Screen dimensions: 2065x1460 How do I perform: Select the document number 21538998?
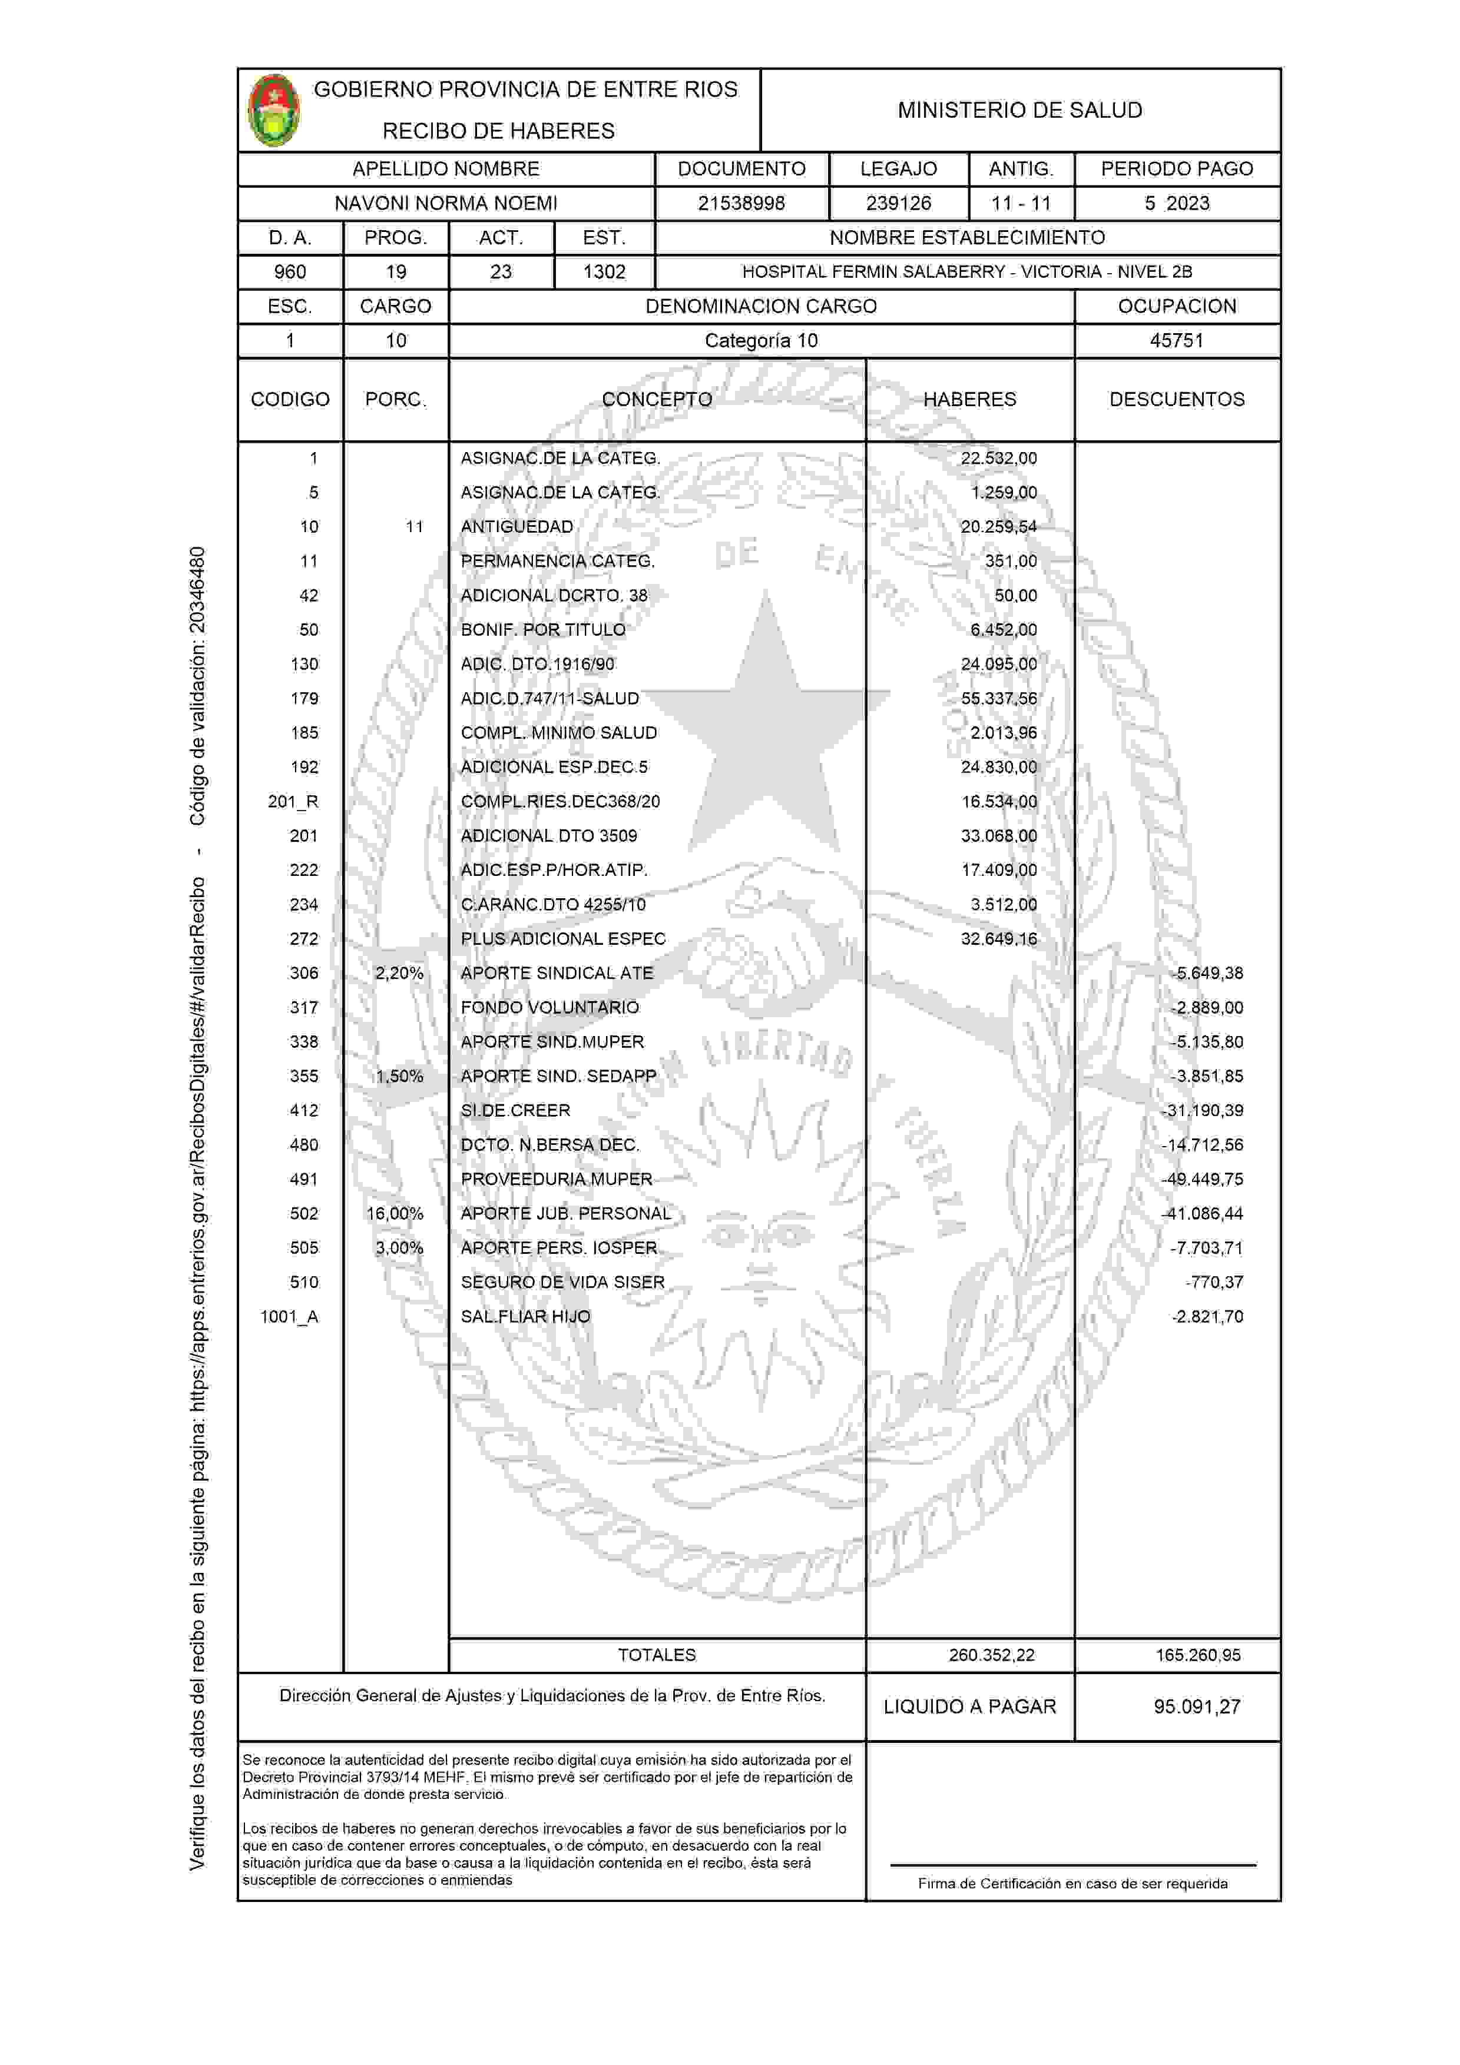coord(741,203)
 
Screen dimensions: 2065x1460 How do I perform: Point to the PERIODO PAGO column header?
coord(1177,169)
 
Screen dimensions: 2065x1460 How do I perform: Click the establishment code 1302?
coord(604,271)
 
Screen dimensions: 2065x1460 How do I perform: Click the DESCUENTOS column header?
coord(1177,399)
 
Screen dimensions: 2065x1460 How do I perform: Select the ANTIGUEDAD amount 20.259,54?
coord(998,527)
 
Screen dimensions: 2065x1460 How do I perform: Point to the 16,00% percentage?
coord(395,1213)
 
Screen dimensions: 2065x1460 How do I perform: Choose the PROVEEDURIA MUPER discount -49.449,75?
coord(1203,1179)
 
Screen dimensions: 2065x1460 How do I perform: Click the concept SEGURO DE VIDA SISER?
coord(562,1283)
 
